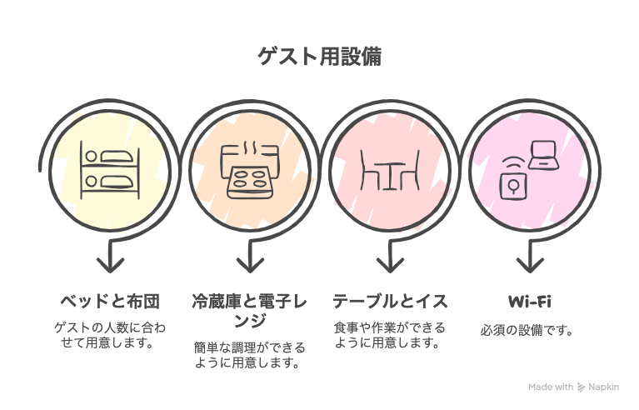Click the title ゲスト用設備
pyautogui.click(x=319, y=56)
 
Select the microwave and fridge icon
pyautogui.click(x=249, y=170)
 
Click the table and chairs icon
pyautogui.click(x=388, y=170)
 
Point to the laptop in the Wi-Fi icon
pyautogui.click(x=544, y=155)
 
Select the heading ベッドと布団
pyautogui.click(x=110, y=300)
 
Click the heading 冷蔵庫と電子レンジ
pyautogui.click(x=249, y=309)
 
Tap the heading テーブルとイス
pyautogui.click(x=389, y=300)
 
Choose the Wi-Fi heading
pyautogui.click(x=529, y=300)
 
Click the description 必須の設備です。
pyautogui.click(x=528, y=330)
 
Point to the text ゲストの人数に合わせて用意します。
pyautogui.click(x=110, y=335)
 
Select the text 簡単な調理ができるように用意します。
pyautogui.click(x=249, y=355)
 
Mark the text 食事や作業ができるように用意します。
pyautogui.click(x=389, y=335)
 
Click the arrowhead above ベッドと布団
pyautogui.click(x=110, y=265)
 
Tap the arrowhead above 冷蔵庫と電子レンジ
pyautogui.click(x=249, y=265)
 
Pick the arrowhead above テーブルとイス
pyautogui.click(x=389, y=265)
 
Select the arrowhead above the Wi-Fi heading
pyautogui.click(x=529, y=265)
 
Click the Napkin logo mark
pyautogui.click(x=582, y=387)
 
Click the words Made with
pyautogui.click(x=552, y=387)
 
